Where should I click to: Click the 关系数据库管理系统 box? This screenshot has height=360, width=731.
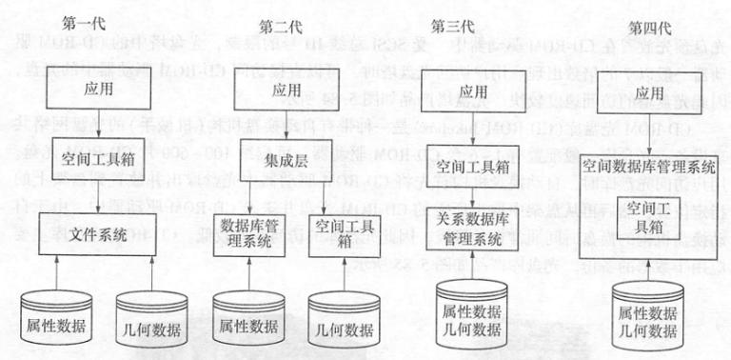(x=470, y=226)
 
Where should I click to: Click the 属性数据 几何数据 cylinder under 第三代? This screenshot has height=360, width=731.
(x=469, y=316)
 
